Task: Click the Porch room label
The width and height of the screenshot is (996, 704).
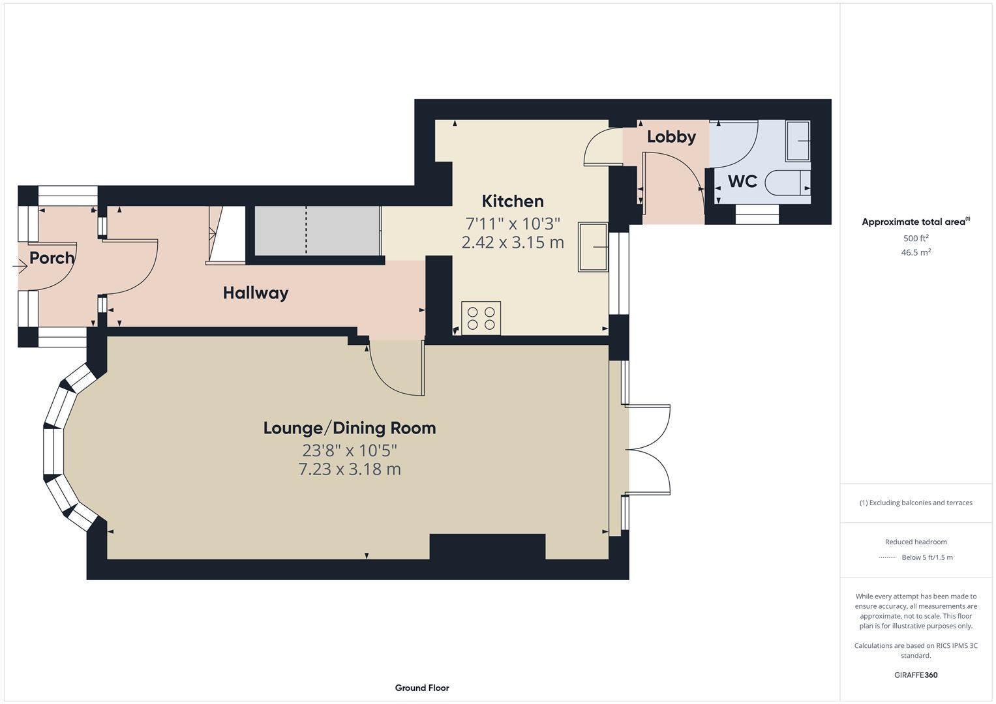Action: coord(52,258)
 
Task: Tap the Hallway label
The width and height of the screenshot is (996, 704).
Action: coord(256,293)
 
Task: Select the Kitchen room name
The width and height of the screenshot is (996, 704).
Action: coord(513,201)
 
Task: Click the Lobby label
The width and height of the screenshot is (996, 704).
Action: coord(671,137)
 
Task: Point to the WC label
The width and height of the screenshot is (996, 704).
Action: coord(742,181)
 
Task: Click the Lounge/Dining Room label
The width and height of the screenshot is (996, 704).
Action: coord(350,428)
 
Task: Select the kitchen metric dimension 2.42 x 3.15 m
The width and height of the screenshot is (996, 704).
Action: coord(513,242)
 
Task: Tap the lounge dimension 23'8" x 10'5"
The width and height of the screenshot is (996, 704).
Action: coord(350,450)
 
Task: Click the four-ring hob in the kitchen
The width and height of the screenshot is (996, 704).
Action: coord(481,318)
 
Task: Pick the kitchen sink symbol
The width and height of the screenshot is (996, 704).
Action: coord(593,247)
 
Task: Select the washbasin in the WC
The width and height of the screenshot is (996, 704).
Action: coord(798,141)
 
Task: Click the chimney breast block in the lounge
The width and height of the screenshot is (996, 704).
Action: coord(487,546)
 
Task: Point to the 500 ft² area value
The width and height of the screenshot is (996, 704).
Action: coord(916,239)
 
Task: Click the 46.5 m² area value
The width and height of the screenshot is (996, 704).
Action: coord(916,253)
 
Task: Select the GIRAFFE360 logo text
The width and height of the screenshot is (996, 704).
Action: coord(916,675)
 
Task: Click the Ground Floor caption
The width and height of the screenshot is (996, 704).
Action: coord(422,688)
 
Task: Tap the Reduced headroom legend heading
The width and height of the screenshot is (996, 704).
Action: coord(916,542)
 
